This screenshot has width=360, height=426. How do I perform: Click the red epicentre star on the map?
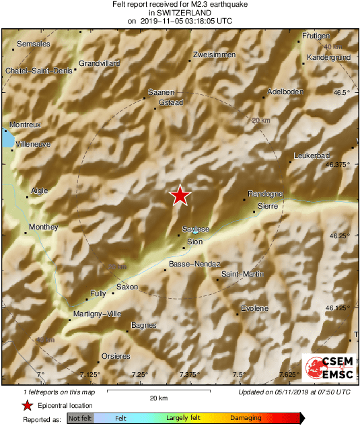(x=180, y=195)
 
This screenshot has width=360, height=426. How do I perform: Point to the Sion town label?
(x=194, y=242)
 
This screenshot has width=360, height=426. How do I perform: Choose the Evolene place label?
(x=254, y=308)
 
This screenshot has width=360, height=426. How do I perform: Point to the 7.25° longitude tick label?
(x=140, y=374)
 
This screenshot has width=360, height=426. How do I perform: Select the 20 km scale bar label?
(x=158, y=398)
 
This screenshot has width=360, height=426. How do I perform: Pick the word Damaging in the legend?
(x=246, y=418)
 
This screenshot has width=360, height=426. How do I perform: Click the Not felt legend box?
(x=79, y=418)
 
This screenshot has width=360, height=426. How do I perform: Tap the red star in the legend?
(x=27, y=406)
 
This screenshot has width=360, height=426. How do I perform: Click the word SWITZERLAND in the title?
(x=180, y=13)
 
